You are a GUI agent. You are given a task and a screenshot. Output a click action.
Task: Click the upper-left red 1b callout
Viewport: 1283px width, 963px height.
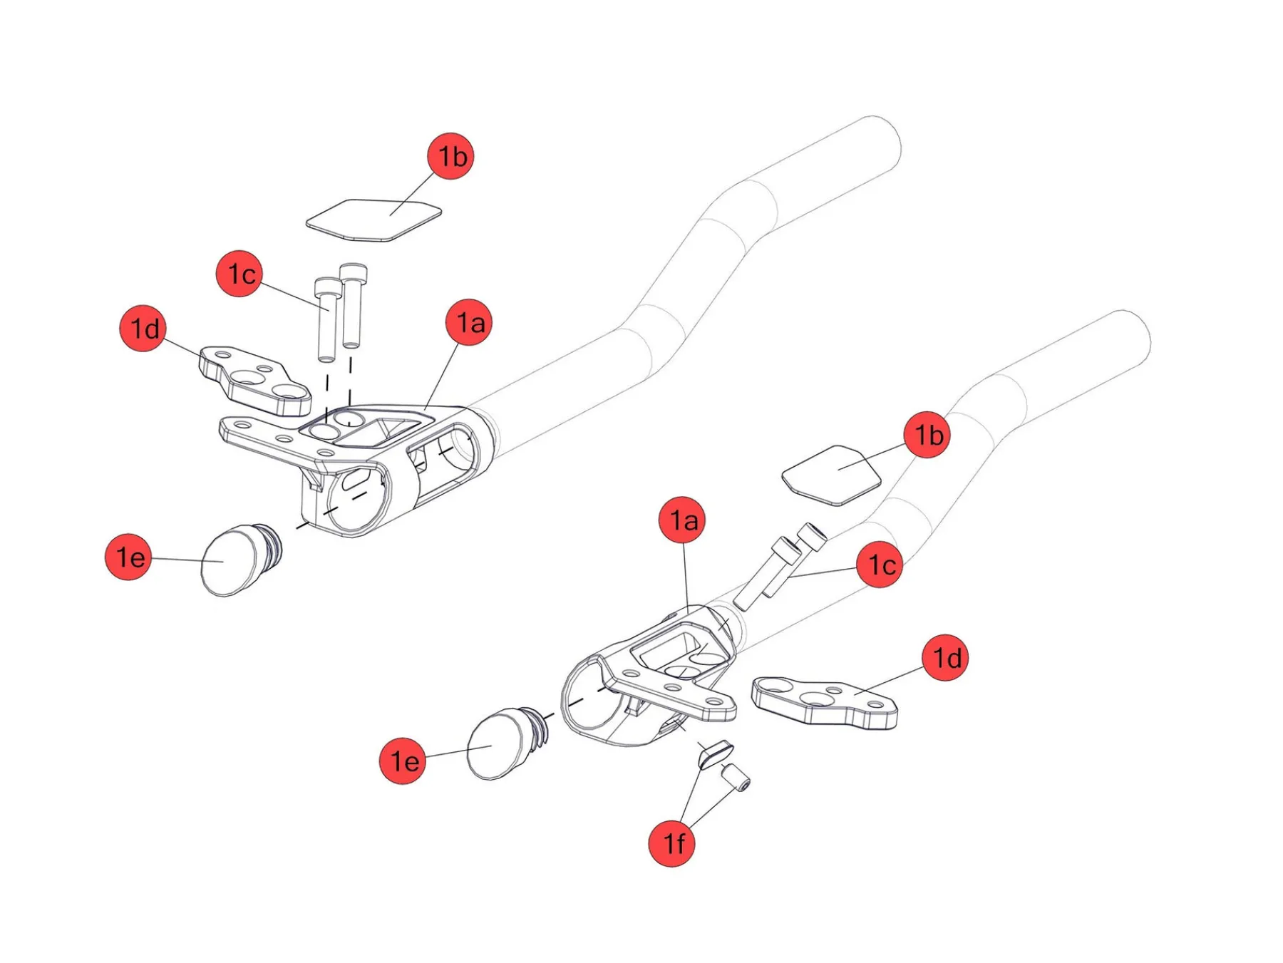click(450, 156)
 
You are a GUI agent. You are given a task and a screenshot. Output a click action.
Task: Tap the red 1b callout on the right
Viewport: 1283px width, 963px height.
click(927, 435)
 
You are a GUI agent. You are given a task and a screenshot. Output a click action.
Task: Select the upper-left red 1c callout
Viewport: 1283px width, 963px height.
click(239, 274)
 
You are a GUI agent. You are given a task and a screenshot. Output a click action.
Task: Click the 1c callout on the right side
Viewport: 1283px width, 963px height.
click(880, 565)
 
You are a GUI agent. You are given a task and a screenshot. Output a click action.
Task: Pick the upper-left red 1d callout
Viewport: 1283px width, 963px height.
click(143, 329)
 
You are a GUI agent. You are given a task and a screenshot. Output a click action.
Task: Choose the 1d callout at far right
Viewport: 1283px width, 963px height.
click(945, 658)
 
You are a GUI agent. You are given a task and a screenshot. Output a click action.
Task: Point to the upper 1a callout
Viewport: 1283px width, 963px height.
click(469, 323)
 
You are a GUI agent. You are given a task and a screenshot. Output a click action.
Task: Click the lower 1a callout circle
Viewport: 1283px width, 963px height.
click(682, 520)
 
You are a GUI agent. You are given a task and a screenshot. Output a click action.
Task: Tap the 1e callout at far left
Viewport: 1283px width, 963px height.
click(128, 557)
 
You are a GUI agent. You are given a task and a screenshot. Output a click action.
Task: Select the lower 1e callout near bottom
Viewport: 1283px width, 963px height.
click(403, 761)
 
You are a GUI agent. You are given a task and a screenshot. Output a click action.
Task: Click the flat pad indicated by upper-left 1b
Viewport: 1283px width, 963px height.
click(373, 220)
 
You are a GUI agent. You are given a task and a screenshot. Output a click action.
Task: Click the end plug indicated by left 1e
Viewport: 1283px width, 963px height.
click(232, 562)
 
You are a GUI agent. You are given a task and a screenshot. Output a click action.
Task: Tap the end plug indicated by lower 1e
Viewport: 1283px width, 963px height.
click(498, 744)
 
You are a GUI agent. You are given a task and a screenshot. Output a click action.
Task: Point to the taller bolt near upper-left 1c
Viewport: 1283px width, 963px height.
click(353, 307)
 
